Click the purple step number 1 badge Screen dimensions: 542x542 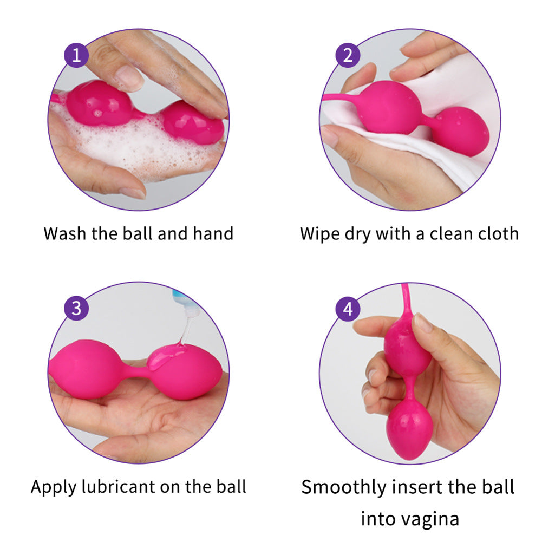coord(76,55)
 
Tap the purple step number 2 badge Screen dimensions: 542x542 coord(348,55)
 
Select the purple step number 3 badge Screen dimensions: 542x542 coord(76,308)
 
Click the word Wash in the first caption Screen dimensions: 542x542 coord(64,234)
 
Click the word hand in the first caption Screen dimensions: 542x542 coord(213,233)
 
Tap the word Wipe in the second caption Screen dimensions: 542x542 coord(320,234)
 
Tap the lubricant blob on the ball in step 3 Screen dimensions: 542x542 coord(166,356)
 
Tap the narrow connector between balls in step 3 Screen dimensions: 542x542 coord(137,372)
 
